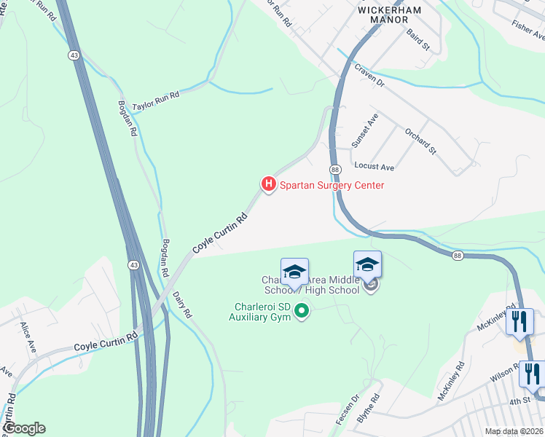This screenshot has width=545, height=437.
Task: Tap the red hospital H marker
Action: click(268, 184)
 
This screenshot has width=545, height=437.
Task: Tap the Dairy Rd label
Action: click(182, 304)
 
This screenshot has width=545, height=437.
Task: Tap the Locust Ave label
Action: click(374, 168)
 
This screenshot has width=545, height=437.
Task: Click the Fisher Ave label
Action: click(528, 30)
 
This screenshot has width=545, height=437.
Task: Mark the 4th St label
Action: click(519, 401)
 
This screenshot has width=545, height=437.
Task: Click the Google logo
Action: click(23, 428)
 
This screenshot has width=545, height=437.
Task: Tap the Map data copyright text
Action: click(514, 432)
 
